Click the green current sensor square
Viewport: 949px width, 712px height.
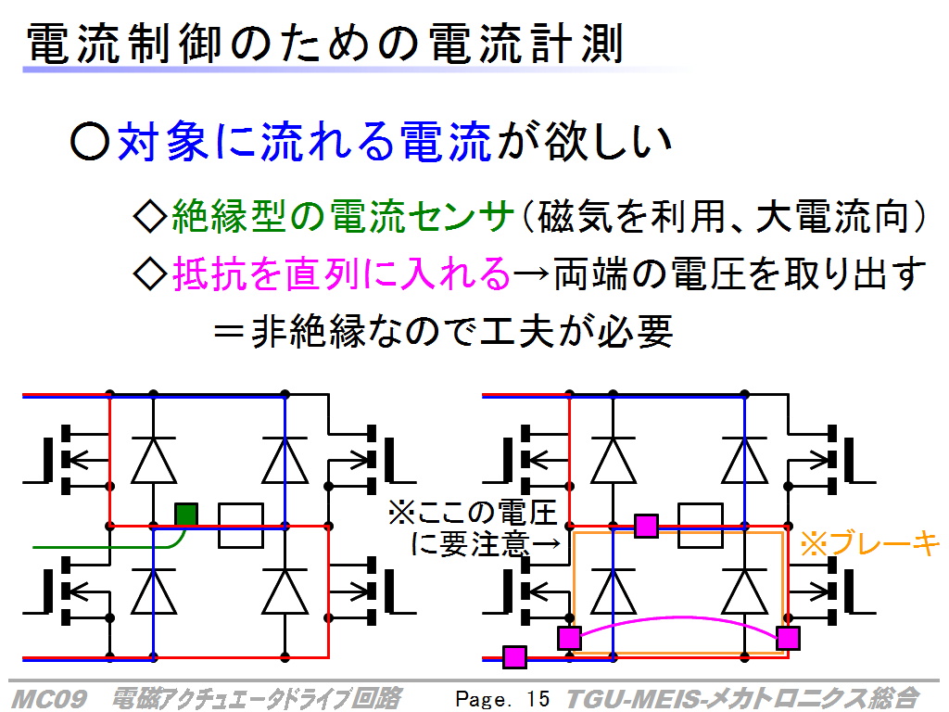click(x=186, y=515)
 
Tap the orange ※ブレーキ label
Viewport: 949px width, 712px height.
click(x=869, y=543)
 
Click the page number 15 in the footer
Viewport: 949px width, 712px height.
click(x=538, y=699)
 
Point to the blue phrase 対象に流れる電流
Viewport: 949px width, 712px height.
click(x=304, y=142)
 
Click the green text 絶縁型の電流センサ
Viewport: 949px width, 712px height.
click(x=343, y=216)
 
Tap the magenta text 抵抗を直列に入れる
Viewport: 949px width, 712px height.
click(x=342, y=273)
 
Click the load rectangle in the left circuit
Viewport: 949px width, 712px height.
click(x=240, y=526)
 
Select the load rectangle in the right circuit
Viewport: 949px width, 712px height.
click(x=701, y=526)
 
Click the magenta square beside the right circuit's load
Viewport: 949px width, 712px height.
click(x=646, y=526)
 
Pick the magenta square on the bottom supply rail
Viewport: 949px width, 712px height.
click(x=514, y=657)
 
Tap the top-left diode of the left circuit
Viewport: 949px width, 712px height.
click(x=154, y=460)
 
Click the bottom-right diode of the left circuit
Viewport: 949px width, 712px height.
click(x=285, y=591)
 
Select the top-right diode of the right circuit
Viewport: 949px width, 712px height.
click(x=744, y=460)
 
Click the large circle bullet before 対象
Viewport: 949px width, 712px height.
click(x=90, y=142)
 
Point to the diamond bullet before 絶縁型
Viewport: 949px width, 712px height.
click(x=149, y=216)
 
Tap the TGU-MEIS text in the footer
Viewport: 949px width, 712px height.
click(x=636, y=699)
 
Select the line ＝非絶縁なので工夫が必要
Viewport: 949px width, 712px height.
click(x=444, y=331)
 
